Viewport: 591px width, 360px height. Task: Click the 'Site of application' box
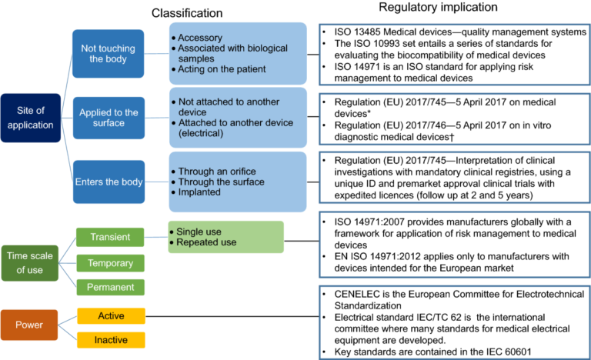click(x=29, y=118)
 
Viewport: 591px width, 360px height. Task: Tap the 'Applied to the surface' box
click(x=109, y=118)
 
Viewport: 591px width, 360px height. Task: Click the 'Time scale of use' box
click(x=29, y=261)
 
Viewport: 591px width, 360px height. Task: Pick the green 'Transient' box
click(x=110, y=237)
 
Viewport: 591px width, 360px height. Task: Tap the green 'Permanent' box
click(x=110, y=287)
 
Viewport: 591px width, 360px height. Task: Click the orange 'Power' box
click(x=29, y=325)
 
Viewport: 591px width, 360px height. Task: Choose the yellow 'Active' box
click(x=111, y=315)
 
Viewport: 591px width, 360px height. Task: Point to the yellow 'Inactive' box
click(x=111, y=339)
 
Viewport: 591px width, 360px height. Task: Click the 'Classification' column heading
click(x=187, y=13)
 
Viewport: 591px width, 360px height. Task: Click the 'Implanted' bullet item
click(x=200, y=192)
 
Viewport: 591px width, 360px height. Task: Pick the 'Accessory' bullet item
click(x=202, y=37)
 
